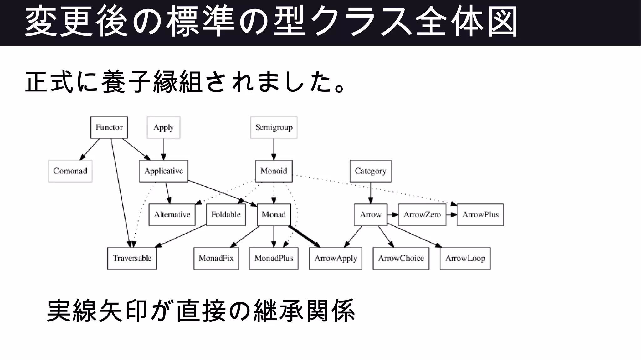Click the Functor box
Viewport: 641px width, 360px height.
109,127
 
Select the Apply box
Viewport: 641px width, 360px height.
163,127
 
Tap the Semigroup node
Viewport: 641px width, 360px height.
274,127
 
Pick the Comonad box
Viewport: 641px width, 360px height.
70,171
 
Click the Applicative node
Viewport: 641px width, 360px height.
163,171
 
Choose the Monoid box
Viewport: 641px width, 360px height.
274,171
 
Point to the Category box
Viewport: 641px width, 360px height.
370,171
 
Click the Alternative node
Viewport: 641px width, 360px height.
172,215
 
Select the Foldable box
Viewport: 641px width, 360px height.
226,215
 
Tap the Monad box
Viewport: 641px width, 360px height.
274,215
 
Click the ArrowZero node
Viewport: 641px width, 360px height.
422,215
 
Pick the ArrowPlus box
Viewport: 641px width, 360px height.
480,215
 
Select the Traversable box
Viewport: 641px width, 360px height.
132,258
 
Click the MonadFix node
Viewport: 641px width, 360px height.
216,258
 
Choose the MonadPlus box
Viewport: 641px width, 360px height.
274,258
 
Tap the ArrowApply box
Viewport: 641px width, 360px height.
335,258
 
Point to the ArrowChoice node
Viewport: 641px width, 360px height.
401,258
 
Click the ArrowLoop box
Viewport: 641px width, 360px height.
465,258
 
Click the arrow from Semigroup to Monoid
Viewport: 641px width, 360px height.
274,149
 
